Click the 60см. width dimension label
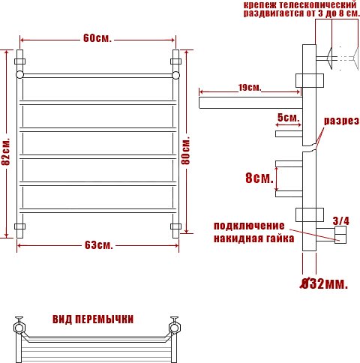pyautogui.click(x=97, y=38)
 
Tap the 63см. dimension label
pyautogui.click(x=99, y=245)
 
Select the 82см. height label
pyautogui.click(x=6, y=151)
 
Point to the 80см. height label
pyautogui.click(x=185, y=150)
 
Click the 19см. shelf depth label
pyautogui.click(x=250, y=88)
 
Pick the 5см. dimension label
pyautogui.click(x=288, y=118)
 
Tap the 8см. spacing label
pyautogui.click(x=259, y=178)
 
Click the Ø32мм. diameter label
pyautogui.click(x=324, y=283)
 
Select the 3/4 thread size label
pyautogui.click(x=340, y=221)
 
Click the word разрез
pyautogui.click(x=341, y=121)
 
